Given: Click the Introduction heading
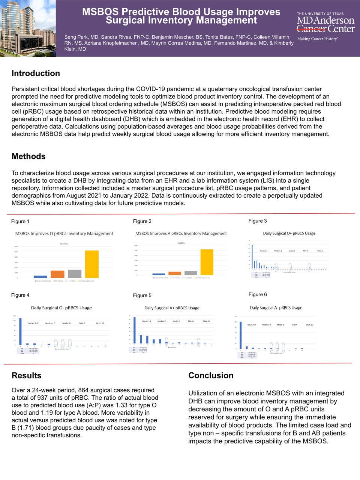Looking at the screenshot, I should [x=36, y=73].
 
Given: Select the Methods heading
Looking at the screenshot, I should [x=28, y=156].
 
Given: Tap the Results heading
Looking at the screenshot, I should [x=26, y=375].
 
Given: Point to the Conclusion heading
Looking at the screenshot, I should [x=211, y=375].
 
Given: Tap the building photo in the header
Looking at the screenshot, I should [x=28, y=28].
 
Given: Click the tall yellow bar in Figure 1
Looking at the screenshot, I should [x=92, y=264].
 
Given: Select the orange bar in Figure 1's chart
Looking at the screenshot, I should [x=57, y=274].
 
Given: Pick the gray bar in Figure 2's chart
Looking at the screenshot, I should [x=191, y=273].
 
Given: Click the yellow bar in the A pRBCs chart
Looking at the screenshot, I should [x=207, y=262].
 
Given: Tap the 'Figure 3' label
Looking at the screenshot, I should [x=258, y=221].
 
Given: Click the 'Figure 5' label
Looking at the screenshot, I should [x=142, y=295].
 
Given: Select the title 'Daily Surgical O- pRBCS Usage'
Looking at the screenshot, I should [x=61, y=308].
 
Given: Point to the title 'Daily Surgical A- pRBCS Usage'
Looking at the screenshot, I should [x=276, y=308].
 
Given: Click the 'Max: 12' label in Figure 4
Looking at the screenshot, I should [x=100, y=323].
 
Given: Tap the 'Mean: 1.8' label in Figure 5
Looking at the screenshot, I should [x=147, y=321].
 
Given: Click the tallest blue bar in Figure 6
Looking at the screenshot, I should [x=241, y=335].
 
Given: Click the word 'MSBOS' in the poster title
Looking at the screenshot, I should [x=100, y=12].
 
